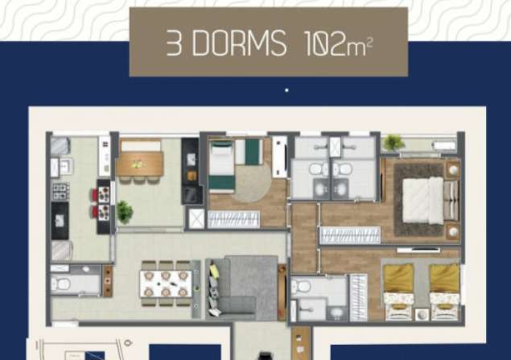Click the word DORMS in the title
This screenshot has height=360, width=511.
click(239, 43)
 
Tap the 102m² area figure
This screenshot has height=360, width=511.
click(338, 43)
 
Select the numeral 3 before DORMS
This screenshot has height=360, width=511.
click(174, 43)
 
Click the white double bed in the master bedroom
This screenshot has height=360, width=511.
click(423, 201)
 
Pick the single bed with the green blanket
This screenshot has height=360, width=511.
click(222, 167)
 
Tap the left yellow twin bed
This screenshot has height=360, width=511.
click(398, 292)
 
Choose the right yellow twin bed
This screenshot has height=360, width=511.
click(444, 292)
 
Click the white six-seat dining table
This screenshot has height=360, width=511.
click(166, 283)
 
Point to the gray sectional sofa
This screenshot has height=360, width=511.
click(241, 287)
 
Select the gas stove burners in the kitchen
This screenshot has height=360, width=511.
click(60, 191)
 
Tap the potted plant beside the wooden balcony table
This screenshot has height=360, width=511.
click(124, 213)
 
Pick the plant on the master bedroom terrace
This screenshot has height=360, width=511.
click(393, 143)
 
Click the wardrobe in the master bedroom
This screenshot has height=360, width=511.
click(350, 235)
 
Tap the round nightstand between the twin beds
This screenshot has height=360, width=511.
click(422, 315)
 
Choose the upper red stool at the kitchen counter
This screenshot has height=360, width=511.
click(94, 196)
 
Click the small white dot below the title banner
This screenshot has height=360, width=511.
click(286, 90)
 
